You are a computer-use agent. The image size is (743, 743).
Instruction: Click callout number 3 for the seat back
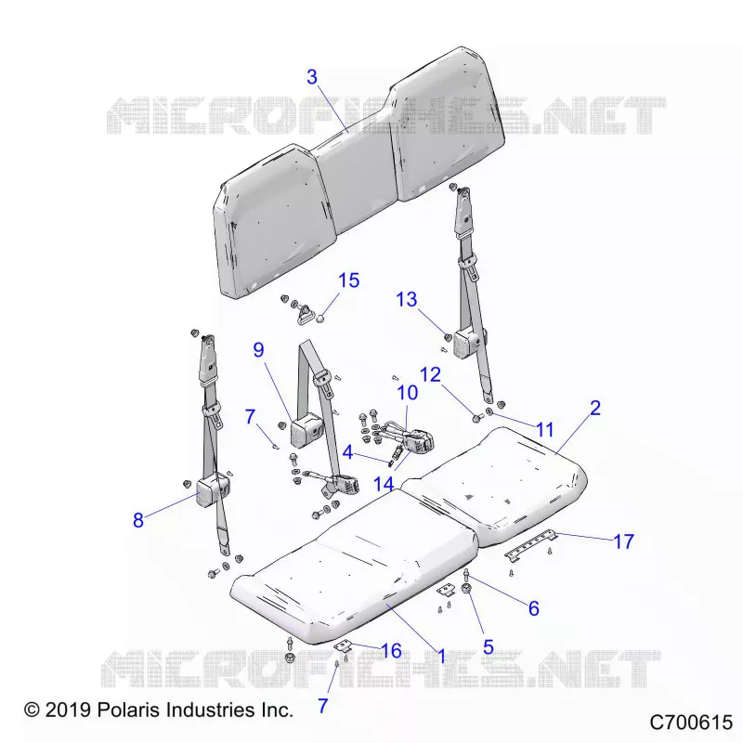[x=312, y=77]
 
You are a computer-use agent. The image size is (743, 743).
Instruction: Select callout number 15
[x=349, y=280]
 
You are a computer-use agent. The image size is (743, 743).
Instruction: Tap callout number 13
[x=407, y=299]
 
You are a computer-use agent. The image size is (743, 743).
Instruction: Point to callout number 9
[x=258, y=350]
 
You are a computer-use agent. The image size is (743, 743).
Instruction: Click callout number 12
[x=430, y=375]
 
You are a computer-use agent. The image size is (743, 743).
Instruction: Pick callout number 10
[x=408, y=393]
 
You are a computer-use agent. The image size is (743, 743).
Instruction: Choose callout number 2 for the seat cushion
[x=595, y=408]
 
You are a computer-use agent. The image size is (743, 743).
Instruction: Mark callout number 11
[x=544, y=430]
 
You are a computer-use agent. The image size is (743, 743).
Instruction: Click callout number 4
[x=347, y=452]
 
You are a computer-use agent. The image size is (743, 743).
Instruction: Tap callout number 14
[x=384, y=484]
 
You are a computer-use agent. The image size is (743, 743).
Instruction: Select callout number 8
[x=137, y=520]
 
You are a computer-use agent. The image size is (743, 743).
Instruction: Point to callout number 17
[x=623, y=541]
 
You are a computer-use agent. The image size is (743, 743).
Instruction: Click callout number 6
[x=533, y=608]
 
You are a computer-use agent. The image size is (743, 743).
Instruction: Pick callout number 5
[x=489, y=647]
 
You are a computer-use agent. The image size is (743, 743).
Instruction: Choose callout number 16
[x=391, y=651]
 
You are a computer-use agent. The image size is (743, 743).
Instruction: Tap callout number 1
[x=442, y=657]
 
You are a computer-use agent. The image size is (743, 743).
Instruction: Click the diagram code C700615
[x=691, y=723]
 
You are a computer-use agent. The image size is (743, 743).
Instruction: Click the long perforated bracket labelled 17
[x=530, y=545]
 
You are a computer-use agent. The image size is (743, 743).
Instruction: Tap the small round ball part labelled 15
[x=320, y=319]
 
